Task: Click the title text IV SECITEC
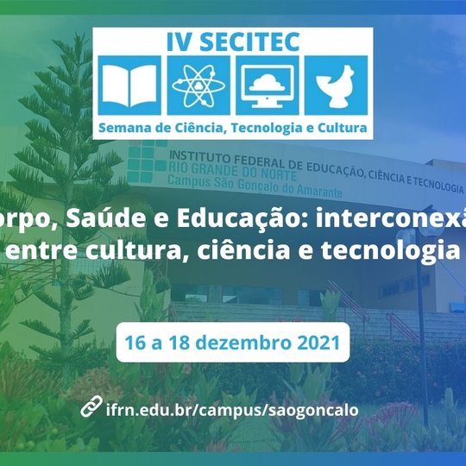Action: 233,41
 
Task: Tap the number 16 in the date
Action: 135,343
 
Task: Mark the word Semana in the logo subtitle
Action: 127,128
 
